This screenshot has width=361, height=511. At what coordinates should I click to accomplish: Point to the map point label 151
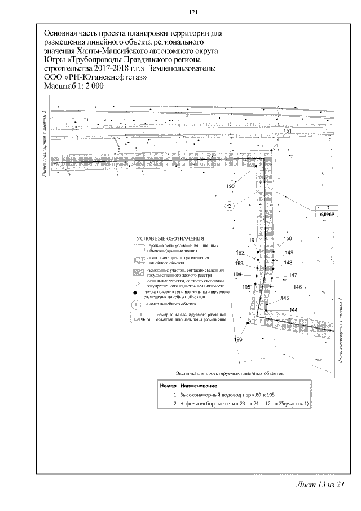[x=287, y=131]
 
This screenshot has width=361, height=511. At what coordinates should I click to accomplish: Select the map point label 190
[x=230, y=186]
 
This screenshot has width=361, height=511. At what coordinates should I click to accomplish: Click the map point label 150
[x=288, y=238]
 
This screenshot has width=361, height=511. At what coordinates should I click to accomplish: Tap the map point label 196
[x=238, y=339]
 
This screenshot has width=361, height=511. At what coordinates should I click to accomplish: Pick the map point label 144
[x=293, y=309]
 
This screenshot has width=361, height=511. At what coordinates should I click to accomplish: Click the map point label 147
[x=293, y=275]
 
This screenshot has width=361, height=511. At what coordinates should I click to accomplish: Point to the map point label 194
[x=237, y=274]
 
